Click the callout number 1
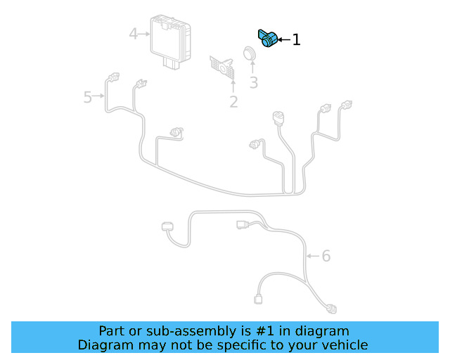coord(296,40)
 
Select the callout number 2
coord(233,102)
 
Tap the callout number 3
coord(254,82)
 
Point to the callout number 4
coord(134,33)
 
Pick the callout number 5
coord(88,97)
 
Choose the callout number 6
coord(326,256)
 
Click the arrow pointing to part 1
coord(283,40)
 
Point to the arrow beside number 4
coord(145,33)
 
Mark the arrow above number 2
coord(233,86)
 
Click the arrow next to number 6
coord(313,256)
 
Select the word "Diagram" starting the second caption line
coord(103,345)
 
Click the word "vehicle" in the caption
coord(344,345)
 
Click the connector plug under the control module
coord(172,63)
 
